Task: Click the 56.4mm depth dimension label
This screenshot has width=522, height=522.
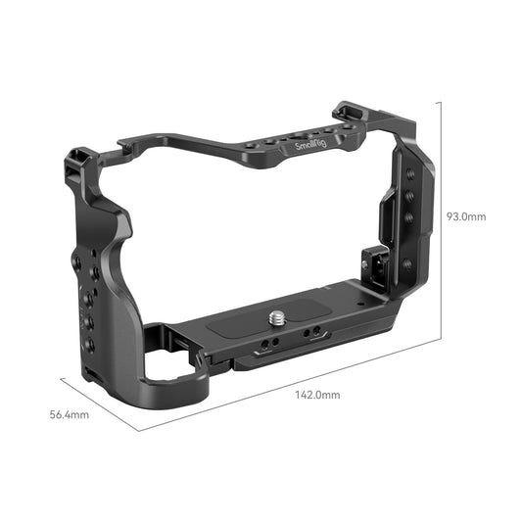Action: point(70,414)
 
